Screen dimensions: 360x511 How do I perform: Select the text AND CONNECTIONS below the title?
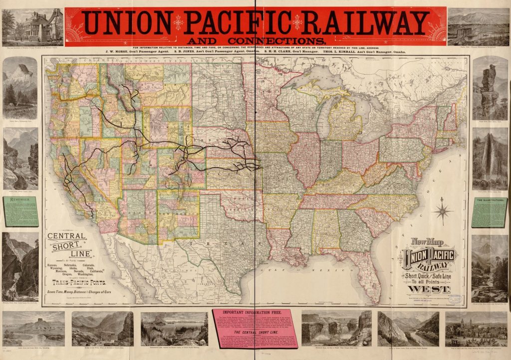pyautogui.click(x=255, y=40)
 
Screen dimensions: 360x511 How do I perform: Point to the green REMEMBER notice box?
pyautogui.click(x=20, y=211)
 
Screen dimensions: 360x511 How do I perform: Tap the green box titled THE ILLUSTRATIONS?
pyautogui.click(x=490, y=212)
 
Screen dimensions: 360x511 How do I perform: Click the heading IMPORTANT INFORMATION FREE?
pyautogui.click(x=255, y=314)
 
